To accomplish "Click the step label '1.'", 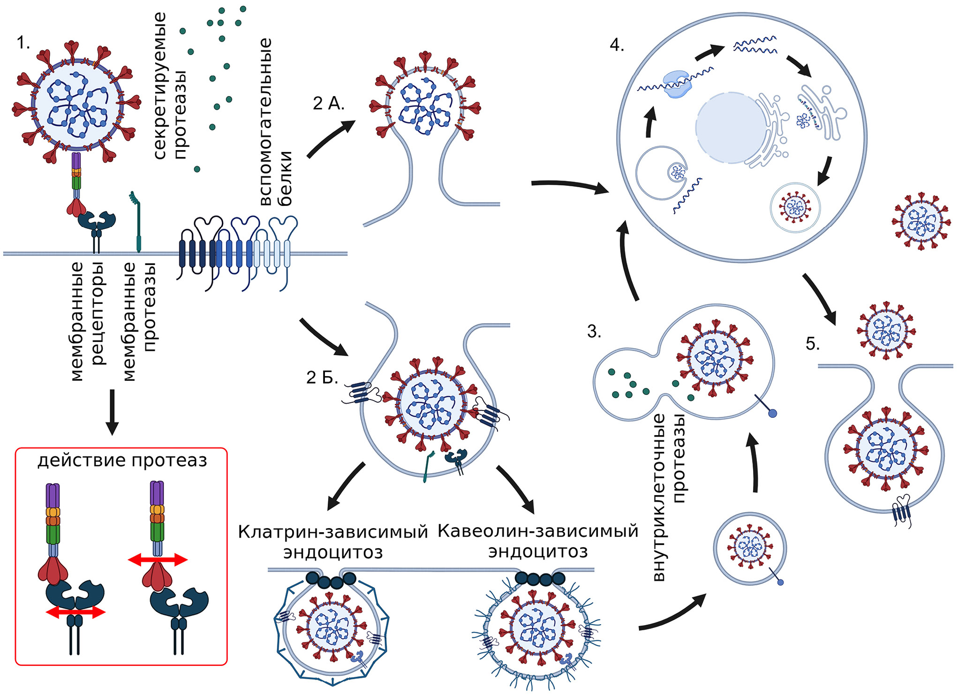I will [x=23, y=43].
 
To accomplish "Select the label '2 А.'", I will [x=328, y=104].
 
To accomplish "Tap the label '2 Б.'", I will [x=322, y=377].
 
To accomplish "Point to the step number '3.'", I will [x=594, y=332].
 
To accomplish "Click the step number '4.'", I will [x=617, y=45].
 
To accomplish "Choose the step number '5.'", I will [x=813, y=344].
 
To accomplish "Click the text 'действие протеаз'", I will [x=122, y=460].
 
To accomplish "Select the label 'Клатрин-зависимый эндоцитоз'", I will [x=333, y=542].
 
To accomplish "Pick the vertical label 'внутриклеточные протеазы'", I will [x=669, y=497].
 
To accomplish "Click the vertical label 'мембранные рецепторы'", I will [x=87, y=321].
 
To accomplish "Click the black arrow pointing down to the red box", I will [x=112, y=412].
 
